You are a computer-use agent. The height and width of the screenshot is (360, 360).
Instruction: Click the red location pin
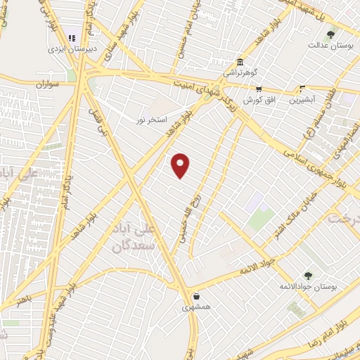coord(181,165)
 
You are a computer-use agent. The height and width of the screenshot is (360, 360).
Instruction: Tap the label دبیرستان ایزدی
coord(71,49)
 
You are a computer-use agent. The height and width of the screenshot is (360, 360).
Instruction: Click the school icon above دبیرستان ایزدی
coord(71,37)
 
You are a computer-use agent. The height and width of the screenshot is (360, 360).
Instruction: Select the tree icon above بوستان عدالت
coord(330,32)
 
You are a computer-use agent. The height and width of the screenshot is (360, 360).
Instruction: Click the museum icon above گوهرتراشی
coord(240,61)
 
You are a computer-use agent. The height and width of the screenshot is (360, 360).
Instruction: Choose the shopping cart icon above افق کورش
coord(259,89)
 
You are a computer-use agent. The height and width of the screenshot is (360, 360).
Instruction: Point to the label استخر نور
coord(152,120)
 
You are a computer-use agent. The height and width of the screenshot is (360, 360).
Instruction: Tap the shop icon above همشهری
coord(195,296)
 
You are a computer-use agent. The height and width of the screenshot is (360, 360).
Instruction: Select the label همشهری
coord(195,307)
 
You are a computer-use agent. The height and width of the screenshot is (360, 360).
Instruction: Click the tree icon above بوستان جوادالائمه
coord(307,274)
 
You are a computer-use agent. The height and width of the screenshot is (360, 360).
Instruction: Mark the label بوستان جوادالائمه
coord(307,286)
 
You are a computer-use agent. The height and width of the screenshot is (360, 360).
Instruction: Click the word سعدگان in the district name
coord(131,246)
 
